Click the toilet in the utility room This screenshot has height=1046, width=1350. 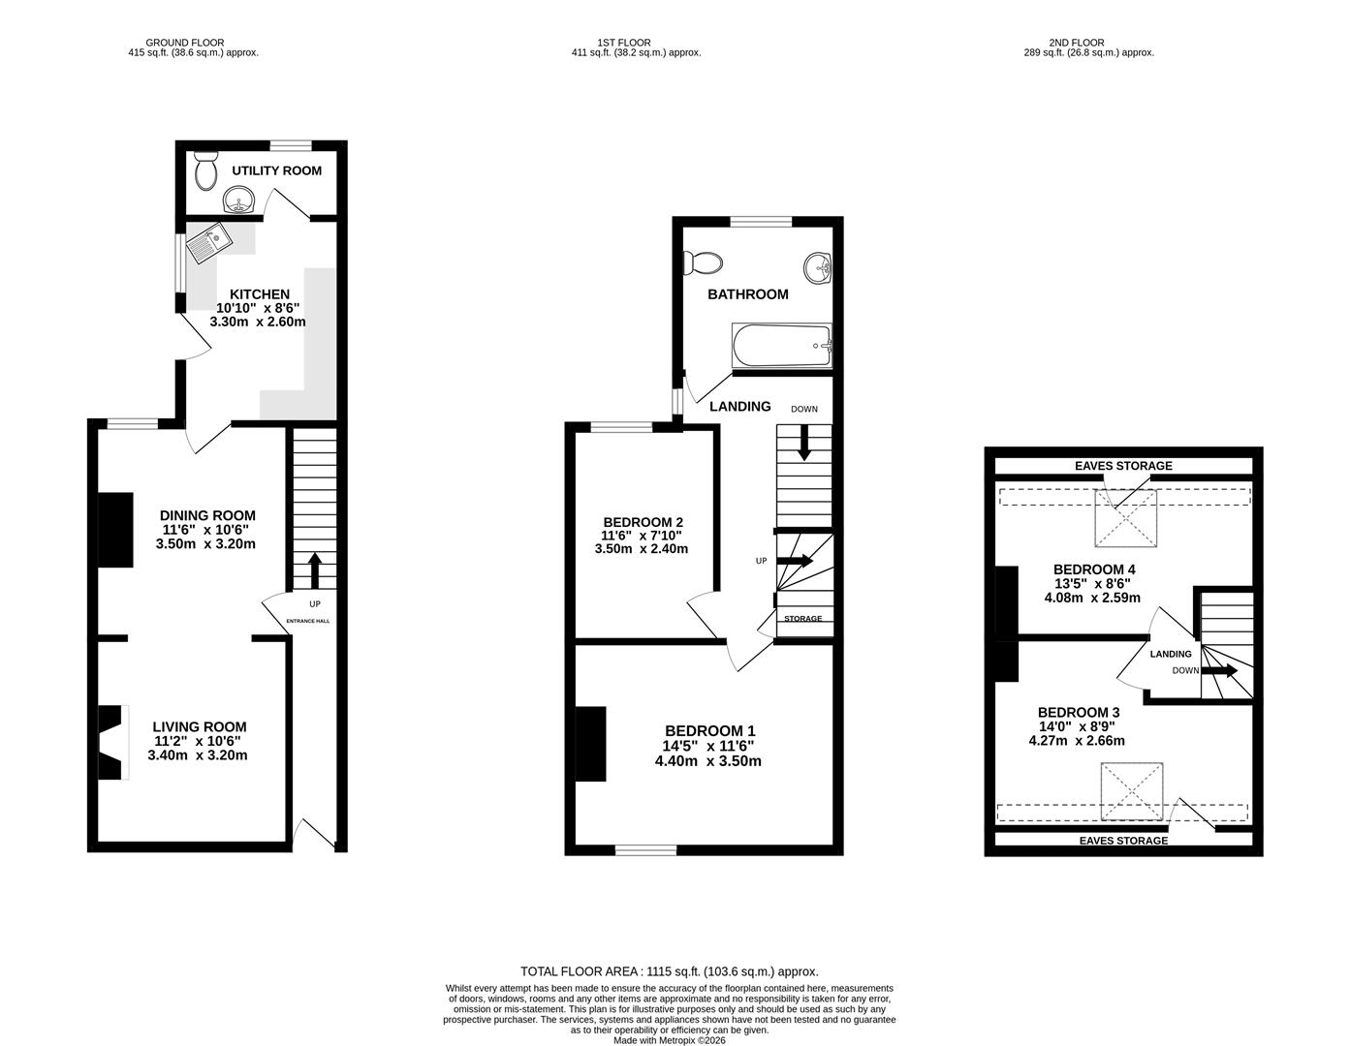point(204,171)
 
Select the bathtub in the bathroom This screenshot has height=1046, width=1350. point(782,345)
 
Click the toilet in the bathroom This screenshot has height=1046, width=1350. point(703,262)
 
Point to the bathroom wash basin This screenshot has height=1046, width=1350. point(818,267)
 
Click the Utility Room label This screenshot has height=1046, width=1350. point(276,171)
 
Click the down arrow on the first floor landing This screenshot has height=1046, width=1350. point(803,445)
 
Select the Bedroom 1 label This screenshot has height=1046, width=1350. point(709,731)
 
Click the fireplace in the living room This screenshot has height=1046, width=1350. point(111,743)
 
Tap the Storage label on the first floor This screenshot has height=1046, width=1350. point(802,619)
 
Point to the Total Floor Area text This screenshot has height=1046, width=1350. point(669,971)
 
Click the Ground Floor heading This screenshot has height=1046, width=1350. point(184,43)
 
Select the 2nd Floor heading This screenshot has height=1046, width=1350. point(1076,43)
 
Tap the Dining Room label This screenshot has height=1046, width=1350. point(207,515)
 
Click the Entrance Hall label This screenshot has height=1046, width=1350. point(307,621)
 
